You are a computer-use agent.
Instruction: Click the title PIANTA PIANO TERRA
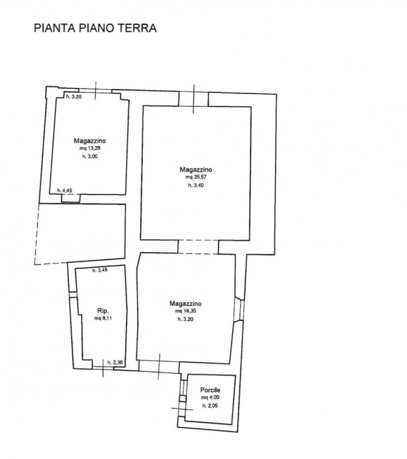[95, 28]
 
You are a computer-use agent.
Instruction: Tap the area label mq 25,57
[196, 177]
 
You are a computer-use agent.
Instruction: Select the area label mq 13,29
[90, 149]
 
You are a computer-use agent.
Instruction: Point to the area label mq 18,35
[185, 311]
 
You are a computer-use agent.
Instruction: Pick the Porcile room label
[210, 390]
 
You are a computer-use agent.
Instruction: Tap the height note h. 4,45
[64, 191]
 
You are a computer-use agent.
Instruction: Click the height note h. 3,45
[100, 270]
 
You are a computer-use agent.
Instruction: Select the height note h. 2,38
[115, 362]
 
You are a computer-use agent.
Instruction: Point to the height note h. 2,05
[210, 406]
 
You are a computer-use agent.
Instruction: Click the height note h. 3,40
[196, 185]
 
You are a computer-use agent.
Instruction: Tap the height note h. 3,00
[90, 157]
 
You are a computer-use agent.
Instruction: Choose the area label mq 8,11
[103, 318]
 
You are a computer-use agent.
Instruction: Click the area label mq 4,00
[210, 398]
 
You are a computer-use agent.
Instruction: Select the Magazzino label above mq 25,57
[195, 170]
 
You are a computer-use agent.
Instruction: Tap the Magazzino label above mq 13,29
[90, 141]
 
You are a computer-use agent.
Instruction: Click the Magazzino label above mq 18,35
[185, 303]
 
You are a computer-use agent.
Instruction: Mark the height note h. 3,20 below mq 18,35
[185, 319]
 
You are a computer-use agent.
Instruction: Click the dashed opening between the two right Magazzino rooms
[198, 247]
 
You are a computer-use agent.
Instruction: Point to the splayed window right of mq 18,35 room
[239, 310]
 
